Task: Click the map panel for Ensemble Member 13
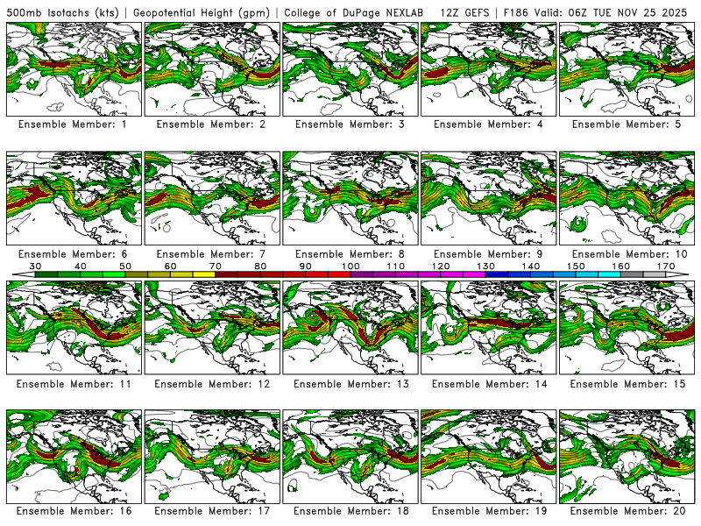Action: pyautogui.click(x=350, y=327)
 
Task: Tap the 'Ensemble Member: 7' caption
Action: pyautogui.click(x=212, y=254)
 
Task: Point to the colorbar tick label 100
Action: pyautogui.click(x=350, y=266)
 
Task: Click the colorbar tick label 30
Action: pyautogui.click(x=36, y=266)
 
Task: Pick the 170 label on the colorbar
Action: pyautogui.click(x=665, y=266)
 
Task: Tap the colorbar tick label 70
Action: pyautogui.click(x=216, y=266)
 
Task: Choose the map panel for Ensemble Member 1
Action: pyautogui.click(x=74, y=69)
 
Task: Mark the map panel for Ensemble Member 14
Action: pyautogui.click(x=489, y=327)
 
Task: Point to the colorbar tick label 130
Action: pyautogui.click(x=485, y=266)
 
